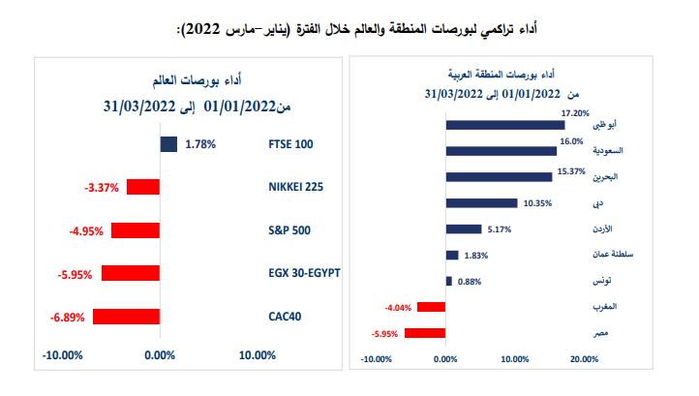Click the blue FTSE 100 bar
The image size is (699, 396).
(168, 144)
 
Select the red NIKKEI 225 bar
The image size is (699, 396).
(143, 187)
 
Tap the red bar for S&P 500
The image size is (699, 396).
(136, 230)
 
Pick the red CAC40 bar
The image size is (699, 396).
(126, 316)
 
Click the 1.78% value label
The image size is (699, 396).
(199, 144)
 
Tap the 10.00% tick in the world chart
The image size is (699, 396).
(257, 356)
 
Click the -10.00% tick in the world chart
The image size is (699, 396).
(63, 356)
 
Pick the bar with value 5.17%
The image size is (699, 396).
(464, 228)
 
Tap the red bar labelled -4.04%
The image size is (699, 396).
(432, 307)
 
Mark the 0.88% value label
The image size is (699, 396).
(469, 282)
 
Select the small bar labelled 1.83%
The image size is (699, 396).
(452, 255)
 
